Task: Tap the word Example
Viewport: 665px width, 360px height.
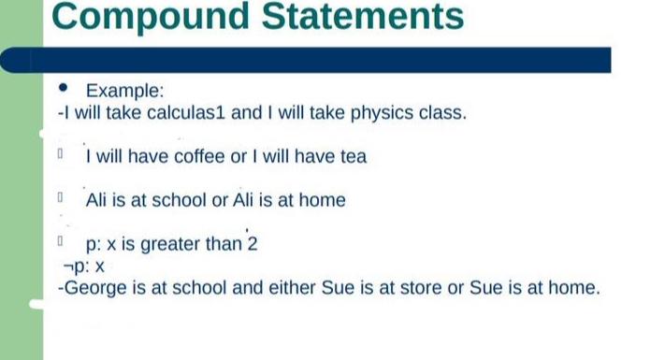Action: [124, 91]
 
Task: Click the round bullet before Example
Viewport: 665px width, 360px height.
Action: [64, 90]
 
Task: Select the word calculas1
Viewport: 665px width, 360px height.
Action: [188, 114]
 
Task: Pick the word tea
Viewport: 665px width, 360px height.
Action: [353, 157]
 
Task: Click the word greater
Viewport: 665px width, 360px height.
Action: [170, 245]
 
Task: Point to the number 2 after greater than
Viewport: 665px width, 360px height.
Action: [252, 245]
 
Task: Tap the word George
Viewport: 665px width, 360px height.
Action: [97, 288]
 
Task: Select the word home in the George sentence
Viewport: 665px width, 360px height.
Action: [573, 288]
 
